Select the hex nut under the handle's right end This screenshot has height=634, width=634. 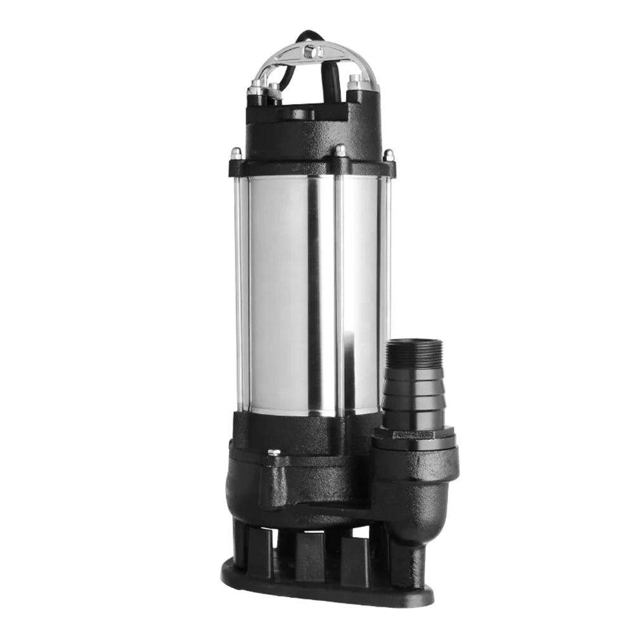pyautogui.click(x=354, y=82)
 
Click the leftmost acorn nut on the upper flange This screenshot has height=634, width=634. pyautogui.click(x=236, y=153)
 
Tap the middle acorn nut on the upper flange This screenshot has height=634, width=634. pyautogui.click(x=340, y=151)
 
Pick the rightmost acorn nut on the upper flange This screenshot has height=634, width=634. pyautogui.click(x=388, y=154)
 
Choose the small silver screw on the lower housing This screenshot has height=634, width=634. pyautogui.click(x=274, y=452)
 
